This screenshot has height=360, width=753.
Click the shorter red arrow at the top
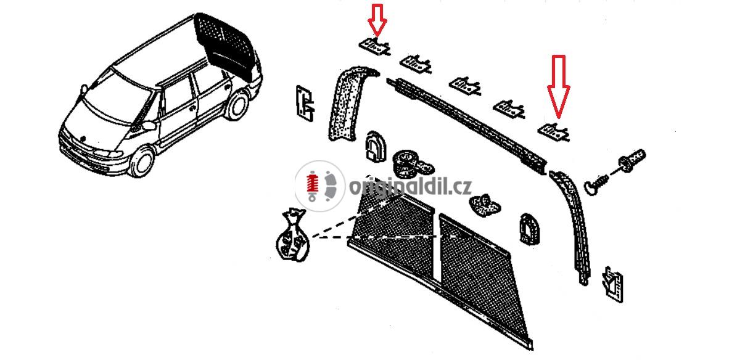click(377, 20)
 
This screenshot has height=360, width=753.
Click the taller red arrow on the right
click(558, 87)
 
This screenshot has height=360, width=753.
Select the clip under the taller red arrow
click(554, 132)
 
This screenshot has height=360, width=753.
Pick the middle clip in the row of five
click(465, 86)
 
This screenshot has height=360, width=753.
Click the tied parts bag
click(292, 235)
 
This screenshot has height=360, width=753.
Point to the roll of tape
click(412, 164)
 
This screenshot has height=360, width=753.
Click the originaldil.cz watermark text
click(411, 186)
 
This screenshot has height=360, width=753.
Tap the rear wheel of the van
click(237, 105)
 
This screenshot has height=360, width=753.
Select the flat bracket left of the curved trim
click(305, 104)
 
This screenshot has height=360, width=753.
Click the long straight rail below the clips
click(467, 126)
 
